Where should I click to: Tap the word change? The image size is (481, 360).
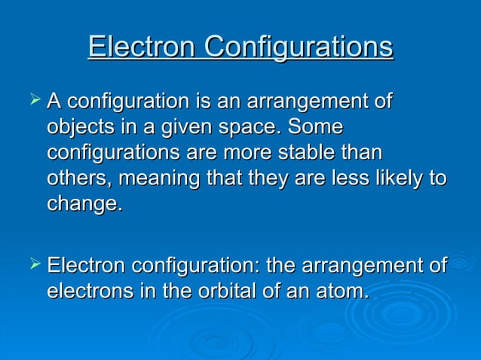[83, 205]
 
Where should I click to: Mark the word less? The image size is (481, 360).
[339, 178]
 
